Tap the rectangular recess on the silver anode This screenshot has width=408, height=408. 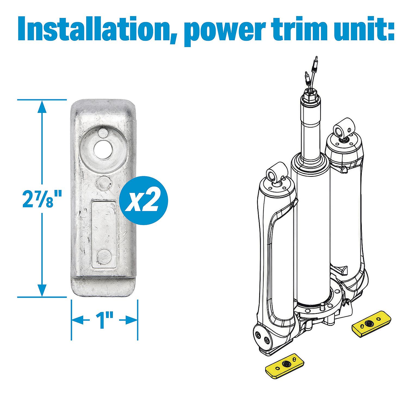[x=104, y=233]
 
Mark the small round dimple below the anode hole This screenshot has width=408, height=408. [x=104, y=182]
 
